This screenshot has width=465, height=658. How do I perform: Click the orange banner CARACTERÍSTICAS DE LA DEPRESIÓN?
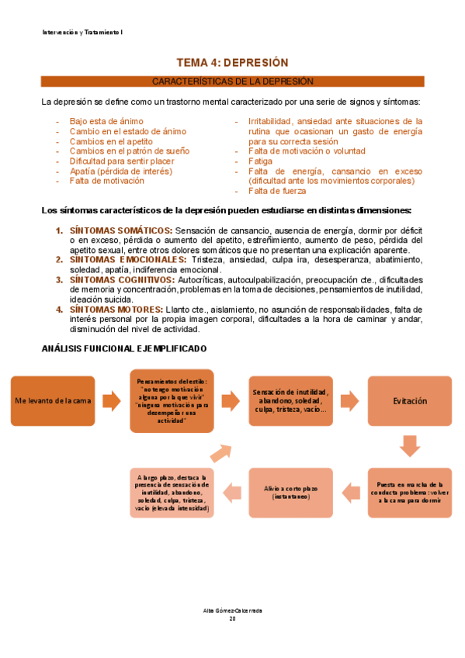232,81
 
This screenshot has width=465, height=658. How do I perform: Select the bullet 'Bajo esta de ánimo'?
106,122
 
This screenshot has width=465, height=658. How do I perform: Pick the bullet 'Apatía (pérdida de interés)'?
120,171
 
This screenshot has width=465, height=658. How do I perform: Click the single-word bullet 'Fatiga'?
262,161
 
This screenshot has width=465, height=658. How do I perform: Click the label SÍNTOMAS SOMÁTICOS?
120,230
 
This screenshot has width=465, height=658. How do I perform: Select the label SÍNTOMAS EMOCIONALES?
128,260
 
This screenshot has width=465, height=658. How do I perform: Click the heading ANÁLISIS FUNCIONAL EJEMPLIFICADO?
124,350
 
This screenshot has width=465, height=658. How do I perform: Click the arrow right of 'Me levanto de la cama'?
113,400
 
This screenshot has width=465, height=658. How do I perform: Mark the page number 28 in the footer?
232,618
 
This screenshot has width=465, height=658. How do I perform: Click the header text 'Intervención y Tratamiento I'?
82,33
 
